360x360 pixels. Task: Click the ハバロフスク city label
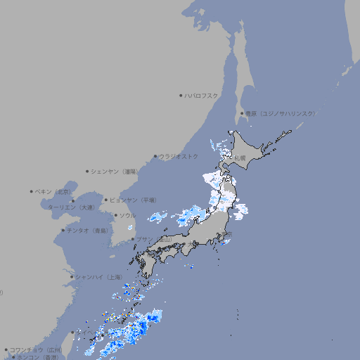202,95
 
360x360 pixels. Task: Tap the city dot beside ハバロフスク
181,95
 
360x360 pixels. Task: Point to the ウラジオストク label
179,156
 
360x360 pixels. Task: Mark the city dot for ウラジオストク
155,157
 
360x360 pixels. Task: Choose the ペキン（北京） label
53,191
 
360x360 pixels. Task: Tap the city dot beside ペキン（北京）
32,191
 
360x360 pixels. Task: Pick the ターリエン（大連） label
70,207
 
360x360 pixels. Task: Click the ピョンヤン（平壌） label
131,200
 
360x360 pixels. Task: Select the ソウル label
127,215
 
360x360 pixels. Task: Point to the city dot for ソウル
115,215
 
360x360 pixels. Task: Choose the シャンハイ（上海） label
98,277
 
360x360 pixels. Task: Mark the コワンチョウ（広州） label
34,349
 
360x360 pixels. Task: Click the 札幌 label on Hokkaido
240,158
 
